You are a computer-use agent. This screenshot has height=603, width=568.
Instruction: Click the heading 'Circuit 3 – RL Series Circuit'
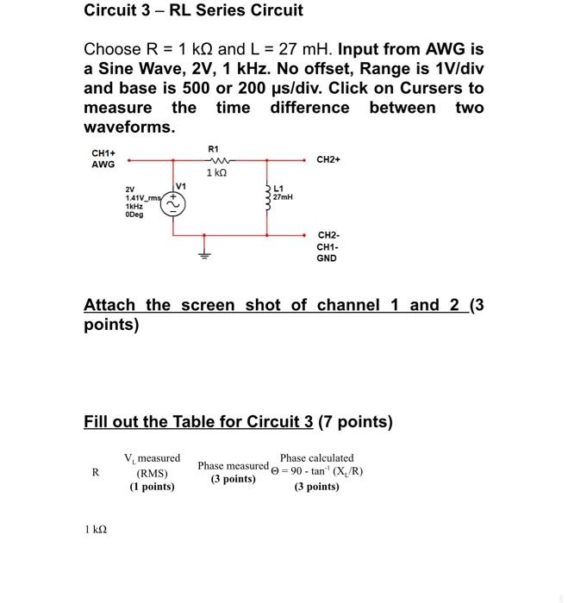pyautogui.click(x=193, y=11)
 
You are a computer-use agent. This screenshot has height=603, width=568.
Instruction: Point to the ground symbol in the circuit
pyautogui.click(x=204, y=255)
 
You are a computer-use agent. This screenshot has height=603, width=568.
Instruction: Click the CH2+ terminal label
pyautogui.click(x=328, y=159)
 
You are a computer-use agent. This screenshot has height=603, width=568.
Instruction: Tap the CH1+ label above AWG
pyautogui.click(x=103, y=153)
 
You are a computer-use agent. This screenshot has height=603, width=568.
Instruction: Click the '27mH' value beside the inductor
pyautogui.click(x=283, y=197)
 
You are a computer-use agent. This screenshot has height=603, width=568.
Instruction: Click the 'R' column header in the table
pyautogui.click(x=95, y=472)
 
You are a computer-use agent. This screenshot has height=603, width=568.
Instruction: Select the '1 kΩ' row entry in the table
pyautogui.click(x=96, y=530)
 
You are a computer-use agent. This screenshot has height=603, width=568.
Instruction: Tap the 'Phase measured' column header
pyautogui.click(x=233, y=466)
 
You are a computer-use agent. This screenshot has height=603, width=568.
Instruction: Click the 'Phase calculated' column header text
pyautogui.click(x=316, y=458)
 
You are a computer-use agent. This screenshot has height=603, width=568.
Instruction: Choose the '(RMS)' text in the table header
pyautogui.click(x=152, y=473)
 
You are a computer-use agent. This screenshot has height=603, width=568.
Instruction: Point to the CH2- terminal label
pyautogui.click(x=328, y=235)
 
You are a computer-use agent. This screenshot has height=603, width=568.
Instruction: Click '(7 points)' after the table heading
pyautogui.click(x=355, y=422)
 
